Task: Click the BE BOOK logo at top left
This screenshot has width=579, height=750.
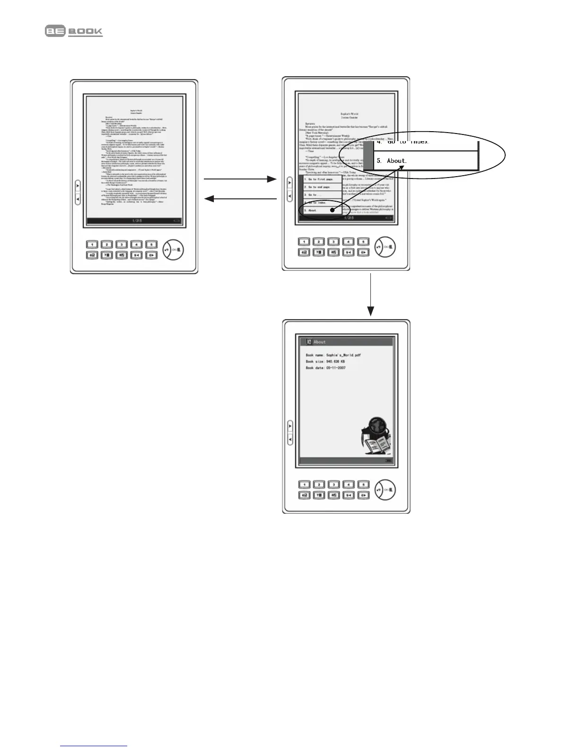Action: tap(74, 31)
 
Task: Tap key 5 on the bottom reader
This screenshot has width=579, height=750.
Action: tap(363, 484)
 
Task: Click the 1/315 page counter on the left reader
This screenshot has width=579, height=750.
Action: tap(137, 221)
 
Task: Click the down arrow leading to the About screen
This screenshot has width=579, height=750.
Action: tap(371, 294)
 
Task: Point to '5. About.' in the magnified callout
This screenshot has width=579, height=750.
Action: tap(397, 161)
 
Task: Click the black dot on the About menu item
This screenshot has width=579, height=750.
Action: tap(332, 209)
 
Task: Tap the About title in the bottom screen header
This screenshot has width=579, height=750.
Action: tap(319, 342)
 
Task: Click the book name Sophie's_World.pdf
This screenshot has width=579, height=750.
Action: tap(333, 355)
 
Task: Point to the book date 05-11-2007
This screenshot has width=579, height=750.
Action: tap(325, 368)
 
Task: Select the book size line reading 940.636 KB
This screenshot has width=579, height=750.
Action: tap(325, 361)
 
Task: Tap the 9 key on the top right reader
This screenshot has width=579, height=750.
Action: tap(348, 252)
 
